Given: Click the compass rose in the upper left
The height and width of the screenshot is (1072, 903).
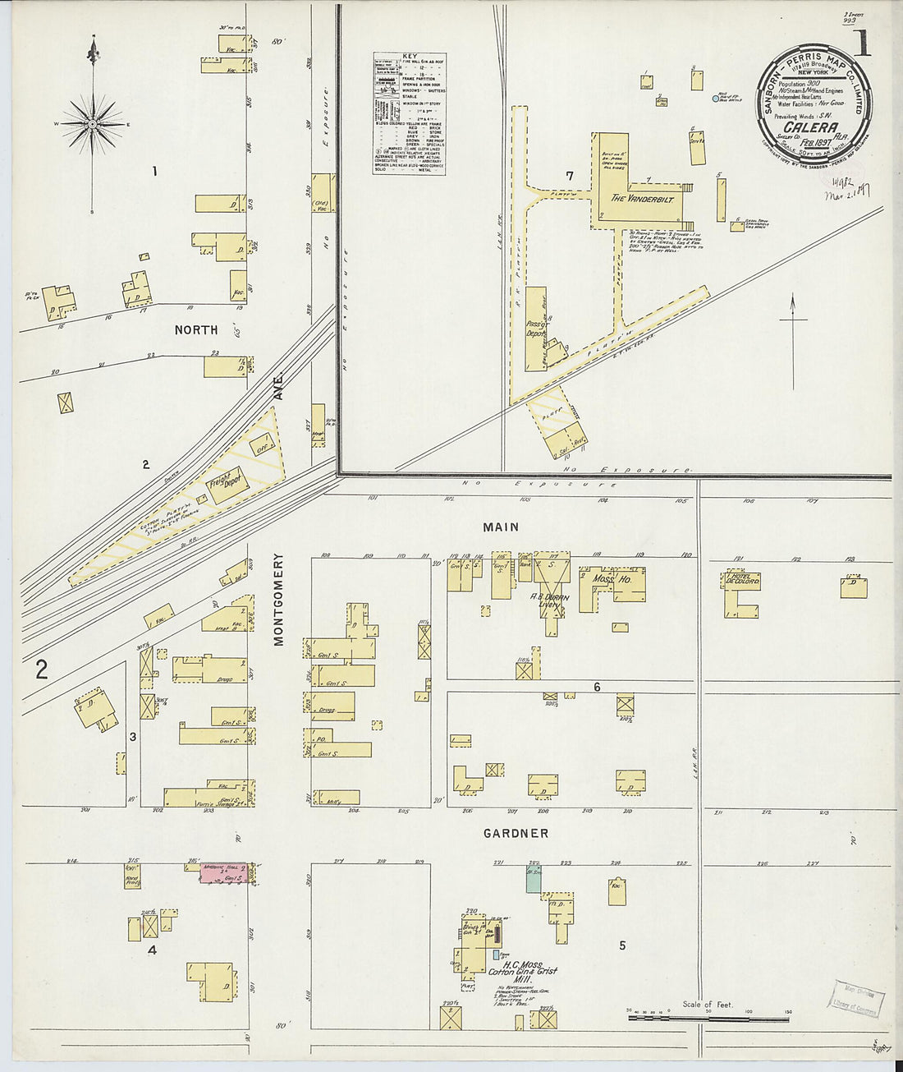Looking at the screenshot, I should [x=93, y=123].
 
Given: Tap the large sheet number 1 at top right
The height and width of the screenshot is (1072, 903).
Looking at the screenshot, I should [x=861, y=43].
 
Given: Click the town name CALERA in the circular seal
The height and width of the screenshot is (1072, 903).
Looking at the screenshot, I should [x=810, y=128].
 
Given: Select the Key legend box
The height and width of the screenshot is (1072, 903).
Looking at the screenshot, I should [x=409, y=113].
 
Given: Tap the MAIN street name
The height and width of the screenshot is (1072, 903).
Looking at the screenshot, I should [x=501, y=527].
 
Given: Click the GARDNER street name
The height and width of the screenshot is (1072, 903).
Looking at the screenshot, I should [x=516, y=833].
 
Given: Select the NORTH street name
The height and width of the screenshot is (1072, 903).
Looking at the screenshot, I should [x=195, y=329].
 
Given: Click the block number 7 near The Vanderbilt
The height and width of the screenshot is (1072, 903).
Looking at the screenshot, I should [x=569, y=176].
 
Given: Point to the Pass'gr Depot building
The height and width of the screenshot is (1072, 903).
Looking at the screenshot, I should [x=536, y=329].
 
